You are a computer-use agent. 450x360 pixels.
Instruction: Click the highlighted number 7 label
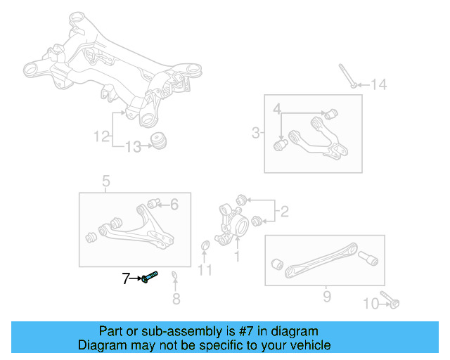[126, 279]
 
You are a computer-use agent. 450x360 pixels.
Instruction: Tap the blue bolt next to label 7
[150, 278]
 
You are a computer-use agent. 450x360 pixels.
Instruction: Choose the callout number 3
[255, 132]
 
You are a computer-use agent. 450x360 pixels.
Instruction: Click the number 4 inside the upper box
[277, 109]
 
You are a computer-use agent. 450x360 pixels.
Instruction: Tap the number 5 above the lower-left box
[106, 182]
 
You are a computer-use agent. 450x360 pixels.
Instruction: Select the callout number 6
[174, 205]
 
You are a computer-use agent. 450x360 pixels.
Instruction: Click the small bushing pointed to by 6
[159, 204]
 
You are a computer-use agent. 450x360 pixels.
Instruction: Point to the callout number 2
[284, 210]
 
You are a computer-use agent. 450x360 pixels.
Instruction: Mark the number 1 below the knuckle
[236, 257]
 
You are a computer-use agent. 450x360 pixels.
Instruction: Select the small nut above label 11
[205, 245]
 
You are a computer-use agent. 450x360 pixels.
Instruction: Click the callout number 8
[176, 300]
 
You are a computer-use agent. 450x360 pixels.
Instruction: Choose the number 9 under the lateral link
[326, 297]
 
